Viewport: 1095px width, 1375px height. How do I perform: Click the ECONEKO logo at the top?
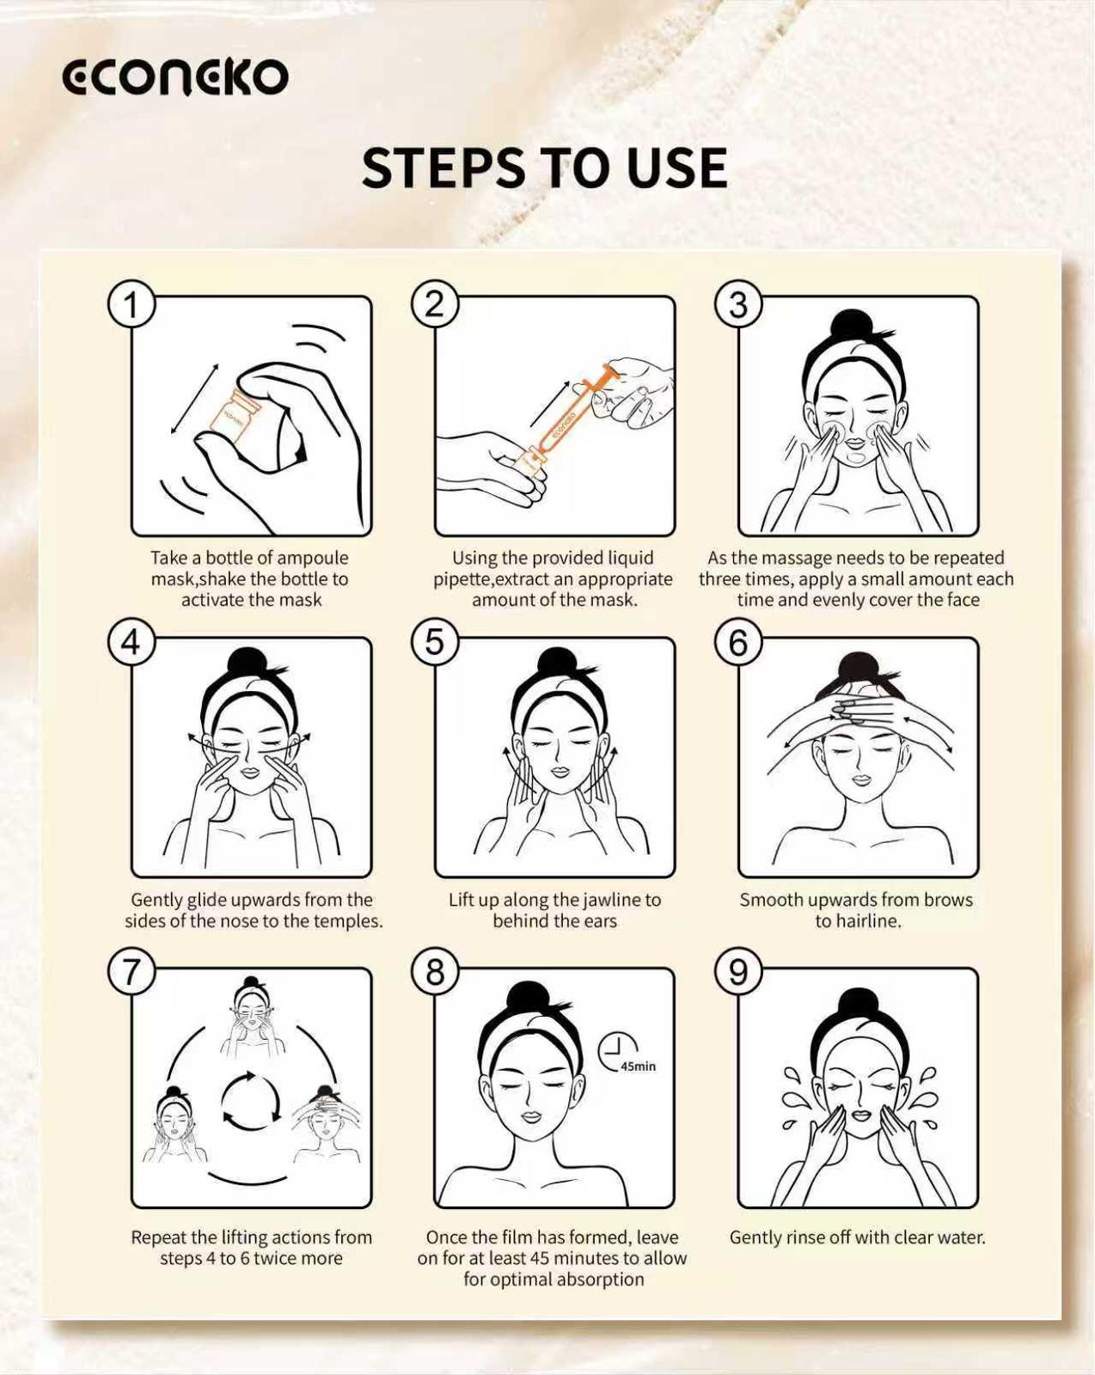coord(175,77)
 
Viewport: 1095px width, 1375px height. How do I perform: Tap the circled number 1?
coord(131,304)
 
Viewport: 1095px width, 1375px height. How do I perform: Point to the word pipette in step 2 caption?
coord(462,579)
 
